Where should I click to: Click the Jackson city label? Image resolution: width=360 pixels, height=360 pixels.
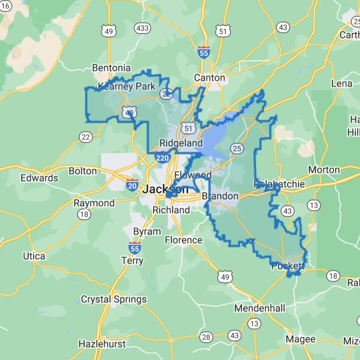(x=165, y=189)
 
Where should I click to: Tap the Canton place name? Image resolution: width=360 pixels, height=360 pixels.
(x=209, y=78)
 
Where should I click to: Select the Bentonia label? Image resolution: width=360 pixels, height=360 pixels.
(x=111, y=68)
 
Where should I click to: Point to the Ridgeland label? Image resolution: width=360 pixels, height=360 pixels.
(x=181, y=143)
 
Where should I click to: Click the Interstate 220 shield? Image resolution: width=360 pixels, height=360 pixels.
(x=162, y=157)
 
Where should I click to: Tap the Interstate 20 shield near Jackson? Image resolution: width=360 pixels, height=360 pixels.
(x=132, y=185)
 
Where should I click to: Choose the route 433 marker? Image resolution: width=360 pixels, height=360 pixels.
(x=142, y=28)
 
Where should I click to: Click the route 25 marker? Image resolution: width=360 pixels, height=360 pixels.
(x=237, y=149)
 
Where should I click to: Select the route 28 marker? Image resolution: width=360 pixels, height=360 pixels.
(x=206, y=337)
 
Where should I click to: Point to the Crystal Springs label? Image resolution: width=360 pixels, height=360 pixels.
(x=114, y=300)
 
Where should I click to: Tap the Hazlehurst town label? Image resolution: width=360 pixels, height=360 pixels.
(x=102, y=344)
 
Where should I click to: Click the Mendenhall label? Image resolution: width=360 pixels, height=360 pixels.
(x=260, y=308)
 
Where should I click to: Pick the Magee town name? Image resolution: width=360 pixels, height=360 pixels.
(x=300, y=339)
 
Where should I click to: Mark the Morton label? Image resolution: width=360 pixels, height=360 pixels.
(x=324, y=170)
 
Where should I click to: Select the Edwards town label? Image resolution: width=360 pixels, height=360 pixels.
(x=39, y=178)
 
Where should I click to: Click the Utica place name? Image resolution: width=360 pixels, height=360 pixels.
(x=34, y=256)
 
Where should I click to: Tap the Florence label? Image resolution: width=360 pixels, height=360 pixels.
(x=183, y=240)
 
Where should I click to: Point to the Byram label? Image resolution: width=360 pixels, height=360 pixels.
(x=147, y=231)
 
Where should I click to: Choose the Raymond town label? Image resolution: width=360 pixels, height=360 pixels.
(x=94, y=203)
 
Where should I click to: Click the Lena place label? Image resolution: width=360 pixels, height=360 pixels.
(x=342, y=84)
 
